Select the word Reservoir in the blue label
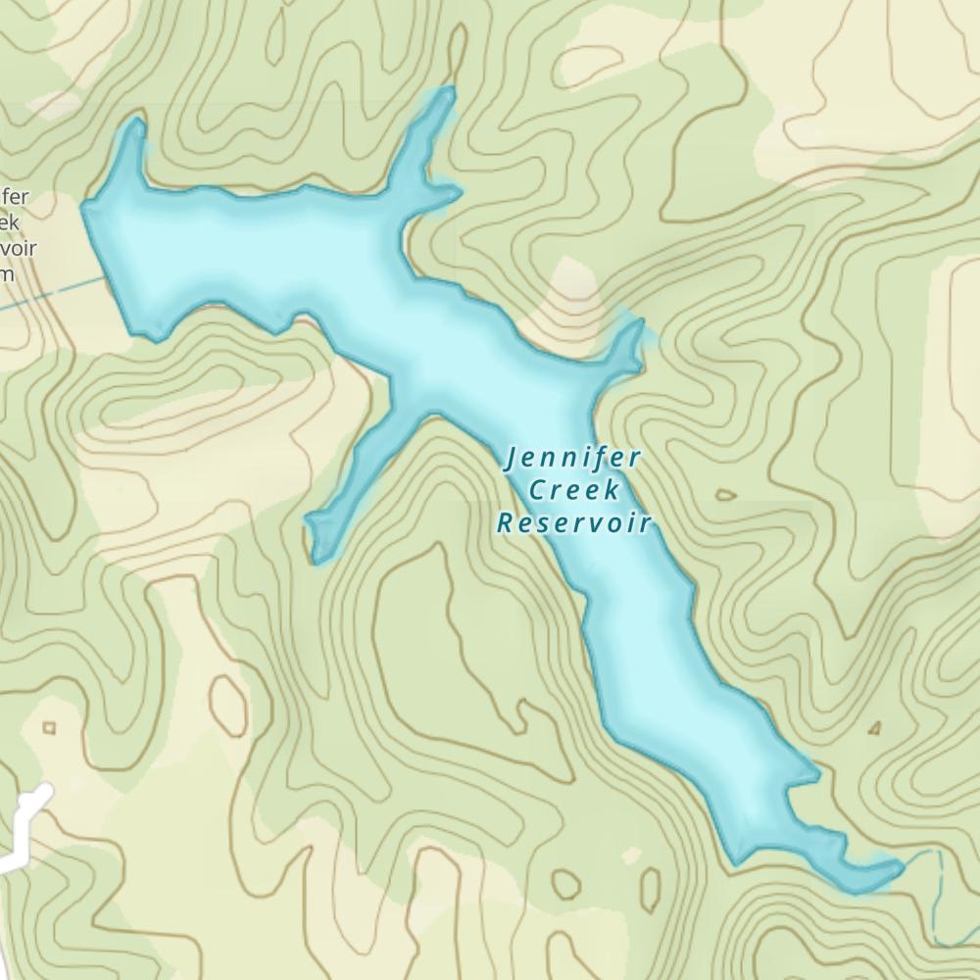[574, 522]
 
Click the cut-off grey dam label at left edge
[17, 235]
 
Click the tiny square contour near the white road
[49, 727]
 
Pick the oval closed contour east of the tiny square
[227, 698]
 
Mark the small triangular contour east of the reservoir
[874, 728]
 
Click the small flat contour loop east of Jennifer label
[726, 495]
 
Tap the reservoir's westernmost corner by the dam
[86, 207]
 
